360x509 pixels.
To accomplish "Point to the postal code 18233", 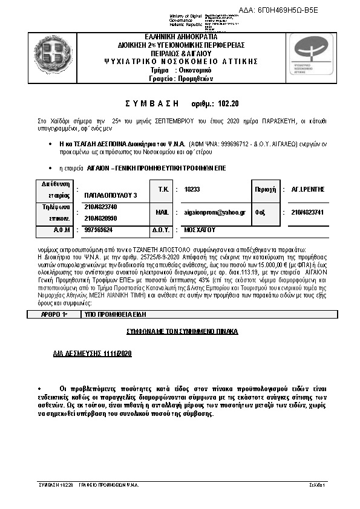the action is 192,189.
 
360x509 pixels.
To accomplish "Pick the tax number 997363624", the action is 99,230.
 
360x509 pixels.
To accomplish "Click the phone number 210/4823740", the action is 100,207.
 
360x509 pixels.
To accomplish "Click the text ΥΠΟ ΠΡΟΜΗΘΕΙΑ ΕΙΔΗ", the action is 115,315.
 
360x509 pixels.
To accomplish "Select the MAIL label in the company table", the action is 162,212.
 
